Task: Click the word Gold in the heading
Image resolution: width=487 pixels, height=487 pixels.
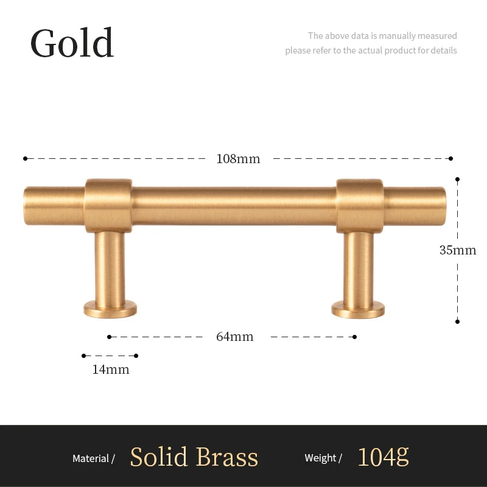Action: click(x=72, y=43)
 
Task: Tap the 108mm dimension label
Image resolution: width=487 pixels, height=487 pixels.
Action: click(x=238, y=159)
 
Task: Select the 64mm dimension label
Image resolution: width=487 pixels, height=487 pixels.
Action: click(x=235, y=337)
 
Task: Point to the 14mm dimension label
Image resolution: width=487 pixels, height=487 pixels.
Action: click(x=111, y=370)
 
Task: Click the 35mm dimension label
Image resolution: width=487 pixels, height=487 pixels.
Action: click(x=458, y=250)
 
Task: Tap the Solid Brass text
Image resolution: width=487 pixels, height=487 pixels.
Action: click(x=194, y=457)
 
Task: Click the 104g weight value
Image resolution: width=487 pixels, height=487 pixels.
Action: click(x=384, y=457)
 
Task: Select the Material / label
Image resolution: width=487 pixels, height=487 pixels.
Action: click(x=94, y=458)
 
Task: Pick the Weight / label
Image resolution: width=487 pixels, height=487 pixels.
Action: click(x=323, y=458)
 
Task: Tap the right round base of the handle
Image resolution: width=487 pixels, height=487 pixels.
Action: click(x=358, y=310)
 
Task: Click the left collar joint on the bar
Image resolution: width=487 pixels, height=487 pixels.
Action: click(x=108, y=205)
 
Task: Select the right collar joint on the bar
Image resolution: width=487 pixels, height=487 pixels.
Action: click(x=360, y=206)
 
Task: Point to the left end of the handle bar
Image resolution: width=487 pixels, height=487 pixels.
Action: click(x=25, y=205)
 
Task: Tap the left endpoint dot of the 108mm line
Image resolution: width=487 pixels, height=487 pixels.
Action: click(x=25, y=159)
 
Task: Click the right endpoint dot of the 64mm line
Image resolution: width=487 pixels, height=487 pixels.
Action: click(x=355, y=337)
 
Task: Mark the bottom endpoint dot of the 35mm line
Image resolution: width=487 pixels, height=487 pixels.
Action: click(x=457, y=321)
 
